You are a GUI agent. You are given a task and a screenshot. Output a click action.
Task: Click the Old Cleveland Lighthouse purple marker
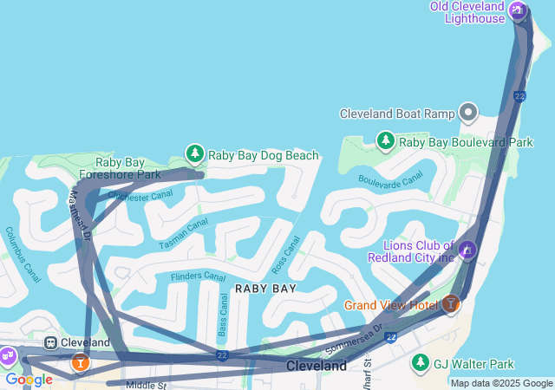click(518, 11)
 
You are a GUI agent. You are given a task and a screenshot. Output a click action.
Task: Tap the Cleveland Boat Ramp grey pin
click(468, 113)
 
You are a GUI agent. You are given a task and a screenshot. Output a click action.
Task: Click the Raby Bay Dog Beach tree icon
click(195, 154)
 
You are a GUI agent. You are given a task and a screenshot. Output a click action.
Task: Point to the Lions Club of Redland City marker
click(467, 250)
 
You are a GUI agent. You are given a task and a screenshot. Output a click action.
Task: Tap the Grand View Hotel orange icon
click(450, 304)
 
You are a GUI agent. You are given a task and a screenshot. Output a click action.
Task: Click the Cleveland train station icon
click(51, 342)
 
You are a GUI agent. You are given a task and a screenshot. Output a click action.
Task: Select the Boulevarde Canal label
click(390, 178)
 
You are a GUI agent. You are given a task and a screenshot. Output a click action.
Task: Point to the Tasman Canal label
click(184, 234)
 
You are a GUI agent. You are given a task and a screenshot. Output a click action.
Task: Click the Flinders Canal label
click(198, 276)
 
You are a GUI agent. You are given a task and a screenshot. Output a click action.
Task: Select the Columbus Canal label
click(23, 249)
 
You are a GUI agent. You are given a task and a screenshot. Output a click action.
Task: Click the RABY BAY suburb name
click(265, 289)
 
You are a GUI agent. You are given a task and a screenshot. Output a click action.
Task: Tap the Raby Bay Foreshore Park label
click(127, 168)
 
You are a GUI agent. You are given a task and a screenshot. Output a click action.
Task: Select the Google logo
click(29, 380)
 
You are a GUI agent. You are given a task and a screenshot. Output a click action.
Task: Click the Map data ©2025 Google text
click(501, 383)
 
